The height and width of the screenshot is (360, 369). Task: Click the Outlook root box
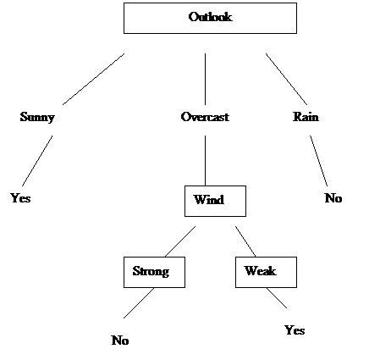[210, 18]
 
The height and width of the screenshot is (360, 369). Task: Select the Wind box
[215, 201]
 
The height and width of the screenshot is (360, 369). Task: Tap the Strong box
[154, 272]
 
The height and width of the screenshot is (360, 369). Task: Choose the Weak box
[266, 272]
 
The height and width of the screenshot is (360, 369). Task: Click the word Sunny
[37, 117]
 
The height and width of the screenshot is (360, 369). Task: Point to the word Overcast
[205, 117]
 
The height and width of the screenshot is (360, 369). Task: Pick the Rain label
[306, 117]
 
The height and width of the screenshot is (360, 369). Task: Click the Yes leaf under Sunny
[20, 198]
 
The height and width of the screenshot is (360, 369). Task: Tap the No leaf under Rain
[333, 198]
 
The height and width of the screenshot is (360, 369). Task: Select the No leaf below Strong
[120, 341]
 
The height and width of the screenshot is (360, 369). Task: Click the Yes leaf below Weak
[295, 330]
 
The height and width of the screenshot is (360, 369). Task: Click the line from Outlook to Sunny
[93, 79]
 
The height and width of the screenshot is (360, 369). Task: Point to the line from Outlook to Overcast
[205, 79]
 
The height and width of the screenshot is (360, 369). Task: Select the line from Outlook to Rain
[286, 79]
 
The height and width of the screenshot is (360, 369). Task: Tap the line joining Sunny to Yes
[37, 161]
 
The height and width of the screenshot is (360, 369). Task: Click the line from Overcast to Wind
[205, 160]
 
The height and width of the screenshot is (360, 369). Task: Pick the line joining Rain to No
[319, 161]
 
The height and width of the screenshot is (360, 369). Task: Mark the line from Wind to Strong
[180, 241]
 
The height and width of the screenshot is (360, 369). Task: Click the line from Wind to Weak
[245, 241]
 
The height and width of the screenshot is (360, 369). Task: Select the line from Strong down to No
[139, 303]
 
